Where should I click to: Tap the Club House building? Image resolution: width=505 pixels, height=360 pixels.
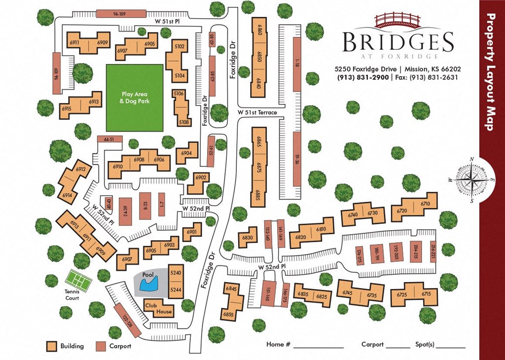pos(158,309)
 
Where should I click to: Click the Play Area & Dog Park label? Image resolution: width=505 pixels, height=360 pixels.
pos(135,98)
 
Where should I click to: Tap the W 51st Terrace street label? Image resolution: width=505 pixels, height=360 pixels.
pos(257,112)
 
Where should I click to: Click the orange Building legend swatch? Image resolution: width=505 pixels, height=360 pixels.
pos(51,346)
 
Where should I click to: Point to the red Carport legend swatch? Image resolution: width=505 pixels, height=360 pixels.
pos(101,346)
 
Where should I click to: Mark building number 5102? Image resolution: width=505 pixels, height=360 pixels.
pos(180,47)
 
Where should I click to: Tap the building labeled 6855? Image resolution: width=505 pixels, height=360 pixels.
pos(228,314)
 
